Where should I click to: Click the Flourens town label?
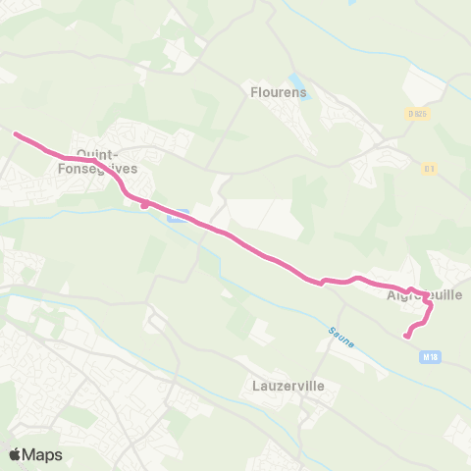287,92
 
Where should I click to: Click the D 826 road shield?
418,114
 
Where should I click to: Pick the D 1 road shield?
429,168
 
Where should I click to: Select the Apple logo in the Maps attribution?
15,454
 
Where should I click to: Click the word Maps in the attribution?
43,454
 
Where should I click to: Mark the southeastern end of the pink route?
406,337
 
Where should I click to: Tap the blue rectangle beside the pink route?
177,217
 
